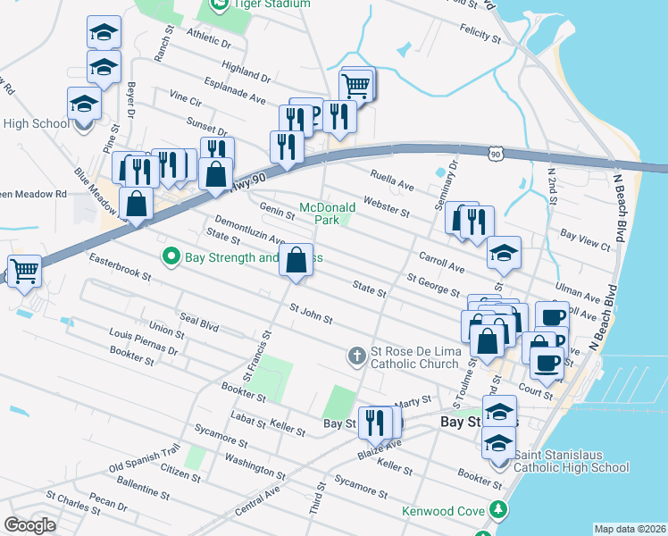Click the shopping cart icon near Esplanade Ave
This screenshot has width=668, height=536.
(356, 87)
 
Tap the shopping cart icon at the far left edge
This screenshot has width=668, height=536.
(24, 270)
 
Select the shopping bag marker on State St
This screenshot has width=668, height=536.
(298, 261)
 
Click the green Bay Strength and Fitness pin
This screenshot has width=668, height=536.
(171, 257)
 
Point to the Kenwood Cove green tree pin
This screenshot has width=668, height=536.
(497, 511)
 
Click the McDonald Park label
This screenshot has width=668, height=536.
(328, 213)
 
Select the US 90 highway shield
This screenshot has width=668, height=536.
(496, 155)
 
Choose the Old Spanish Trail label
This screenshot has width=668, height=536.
(144, 460)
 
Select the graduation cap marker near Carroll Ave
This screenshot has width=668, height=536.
(504, 254)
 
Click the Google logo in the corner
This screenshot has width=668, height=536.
(29, 525)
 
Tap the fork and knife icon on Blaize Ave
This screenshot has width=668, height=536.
(376, 423)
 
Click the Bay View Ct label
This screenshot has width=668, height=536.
(585, 238)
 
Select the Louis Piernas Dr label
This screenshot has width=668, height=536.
(143, 346)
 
